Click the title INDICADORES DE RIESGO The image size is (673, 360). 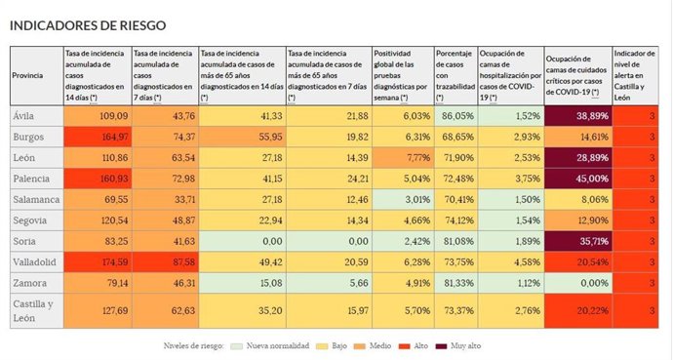click(x=87, y=23)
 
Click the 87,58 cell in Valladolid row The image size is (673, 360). click(x=163, y=262)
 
